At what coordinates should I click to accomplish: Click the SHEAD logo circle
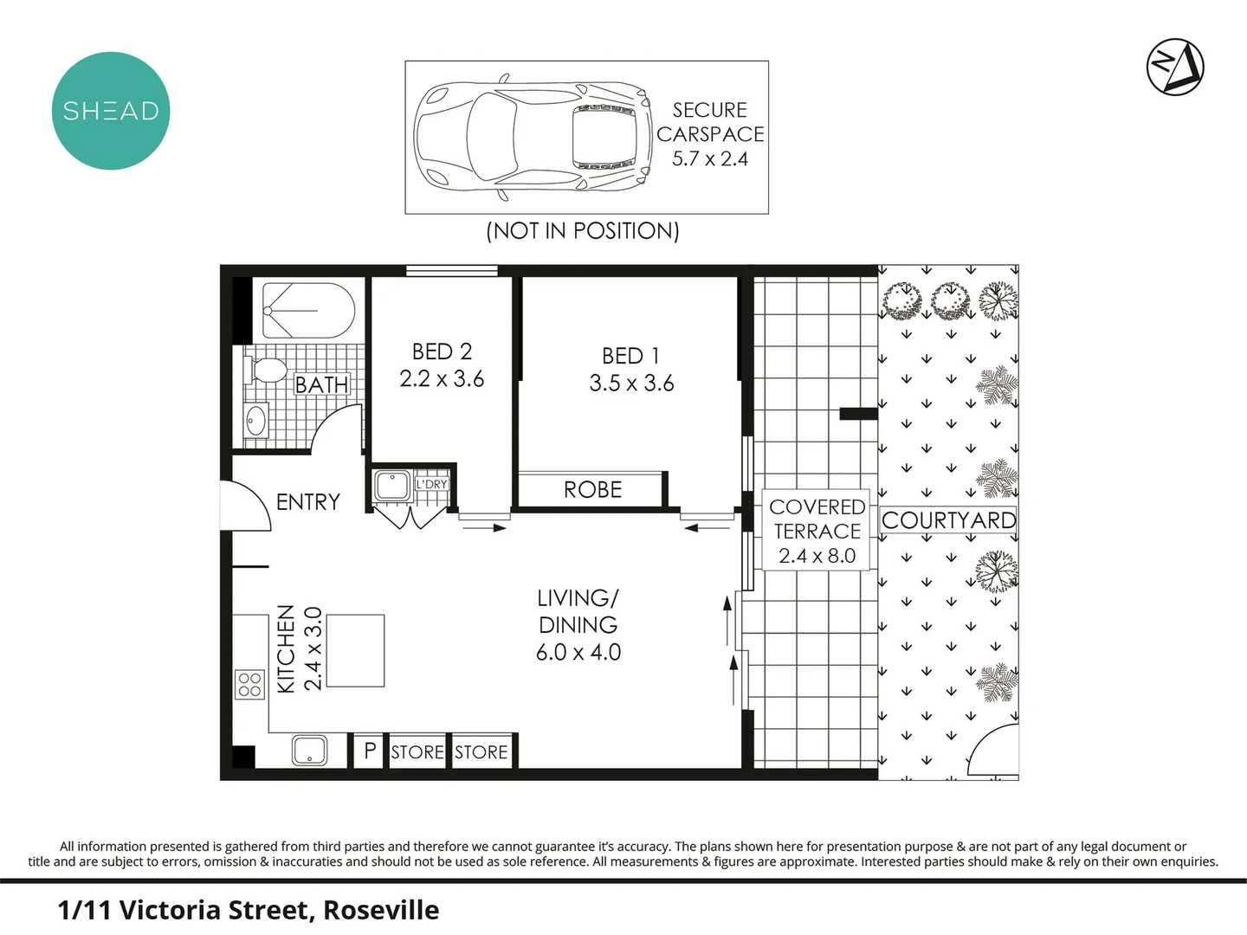point(111,111)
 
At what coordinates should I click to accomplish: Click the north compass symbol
point(1175,67)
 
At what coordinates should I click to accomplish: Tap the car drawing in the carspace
point(532,137)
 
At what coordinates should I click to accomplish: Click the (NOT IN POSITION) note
point(582,231)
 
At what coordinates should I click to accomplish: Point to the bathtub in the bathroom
point(308,311)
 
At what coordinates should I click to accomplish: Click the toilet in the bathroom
point(267,371)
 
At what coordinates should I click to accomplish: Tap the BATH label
point(321,384)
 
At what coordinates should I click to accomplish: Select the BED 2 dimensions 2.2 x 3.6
point(442,379)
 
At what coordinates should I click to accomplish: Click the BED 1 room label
point(630,356)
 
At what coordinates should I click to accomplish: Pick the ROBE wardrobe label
point(592,490)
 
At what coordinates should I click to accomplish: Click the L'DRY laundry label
point(431,484)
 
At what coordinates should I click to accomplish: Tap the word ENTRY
point(307,502)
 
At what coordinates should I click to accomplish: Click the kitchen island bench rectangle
point(355,650)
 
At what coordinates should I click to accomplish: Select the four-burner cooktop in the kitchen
point(250,684)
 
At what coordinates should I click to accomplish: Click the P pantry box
point(370,751)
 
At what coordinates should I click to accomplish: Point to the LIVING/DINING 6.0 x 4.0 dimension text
point(578,653)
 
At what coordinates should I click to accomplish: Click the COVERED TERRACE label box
point(817,531)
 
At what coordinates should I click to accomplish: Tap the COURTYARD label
point(948,520)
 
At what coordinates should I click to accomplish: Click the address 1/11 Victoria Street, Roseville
point(249,910)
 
